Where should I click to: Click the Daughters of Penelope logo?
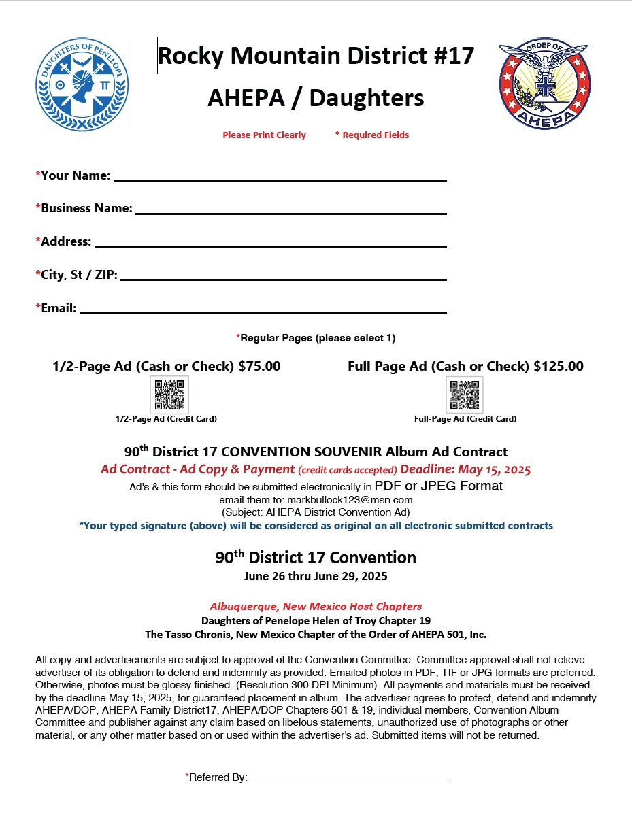coord(82,84)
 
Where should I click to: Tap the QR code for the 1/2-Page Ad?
coord(169,395)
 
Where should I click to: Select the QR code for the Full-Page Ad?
coord(465,395)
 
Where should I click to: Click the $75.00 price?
coord(259,366)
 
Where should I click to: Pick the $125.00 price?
coord(558,366)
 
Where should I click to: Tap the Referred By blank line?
coord(348,780)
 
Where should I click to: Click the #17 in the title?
coord(452,56)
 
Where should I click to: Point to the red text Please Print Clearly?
coord(264,135)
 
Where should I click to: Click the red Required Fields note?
coord(372,135)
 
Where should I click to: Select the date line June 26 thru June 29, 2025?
coord(316,577)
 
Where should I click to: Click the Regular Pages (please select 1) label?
coord(316,338)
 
